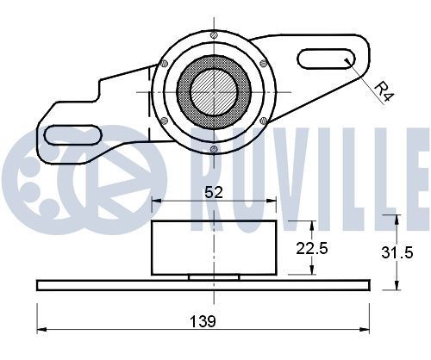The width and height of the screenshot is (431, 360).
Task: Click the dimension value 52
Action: [214, 194]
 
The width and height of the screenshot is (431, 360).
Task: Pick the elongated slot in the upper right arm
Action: [327, 59]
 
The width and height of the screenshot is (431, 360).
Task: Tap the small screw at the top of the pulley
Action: [213, 35]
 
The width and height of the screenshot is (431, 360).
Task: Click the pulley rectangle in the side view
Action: [214, 248]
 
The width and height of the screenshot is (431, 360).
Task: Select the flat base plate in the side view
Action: [203, 284]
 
